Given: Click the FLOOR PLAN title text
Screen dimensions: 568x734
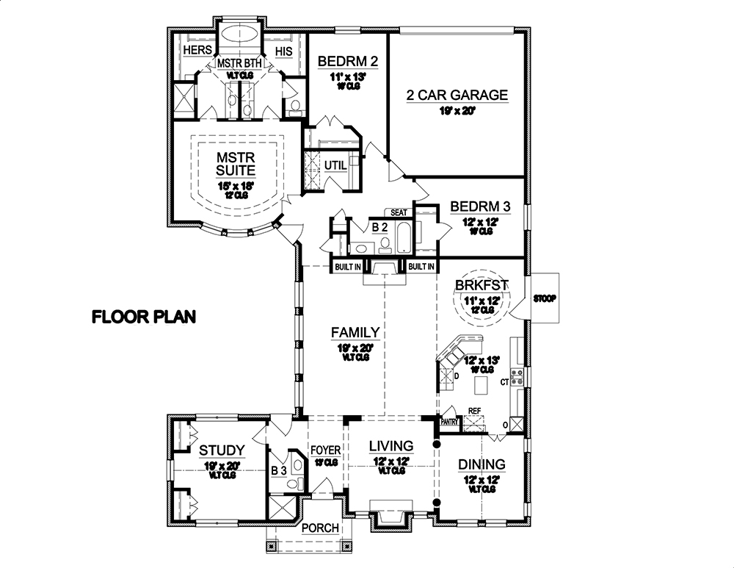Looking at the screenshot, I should pos(143,317).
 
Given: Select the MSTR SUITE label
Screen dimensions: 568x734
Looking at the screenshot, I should pos(235,164).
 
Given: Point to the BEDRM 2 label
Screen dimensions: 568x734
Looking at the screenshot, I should pos(347,61).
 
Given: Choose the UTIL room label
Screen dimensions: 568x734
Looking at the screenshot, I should pos(333,166).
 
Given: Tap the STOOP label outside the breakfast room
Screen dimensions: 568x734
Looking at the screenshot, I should pos(545,299).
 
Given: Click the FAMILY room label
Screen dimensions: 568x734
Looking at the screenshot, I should pos(355,333).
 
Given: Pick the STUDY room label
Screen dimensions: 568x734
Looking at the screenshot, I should pos(222,449).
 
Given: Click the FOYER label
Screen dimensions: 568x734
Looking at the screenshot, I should pos(325,450).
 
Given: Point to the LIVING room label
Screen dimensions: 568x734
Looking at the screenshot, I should pos(390,446).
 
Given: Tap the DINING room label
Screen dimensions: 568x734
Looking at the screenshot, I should pos(482,464).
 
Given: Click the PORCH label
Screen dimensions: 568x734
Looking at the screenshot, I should pos(321,528).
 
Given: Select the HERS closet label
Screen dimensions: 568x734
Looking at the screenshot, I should pos(197,50).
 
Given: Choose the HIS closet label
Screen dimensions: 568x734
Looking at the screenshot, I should pos(283,50).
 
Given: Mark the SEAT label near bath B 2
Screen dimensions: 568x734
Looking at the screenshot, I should pos(399,212).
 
